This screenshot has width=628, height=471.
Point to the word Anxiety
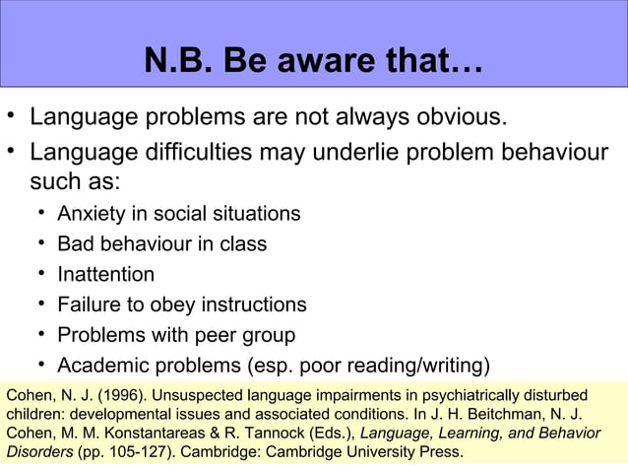click(92, 213)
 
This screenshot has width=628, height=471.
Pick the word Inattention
click(106, 274)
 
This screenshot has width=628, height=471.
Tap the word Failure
click(90, 304)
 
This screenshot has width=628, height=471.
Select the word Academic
click(103, 366)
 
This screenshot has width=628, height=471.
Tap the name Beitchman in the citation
click(508, 415)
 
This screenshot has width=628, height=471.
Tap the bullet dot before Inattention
click(43, 274)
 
